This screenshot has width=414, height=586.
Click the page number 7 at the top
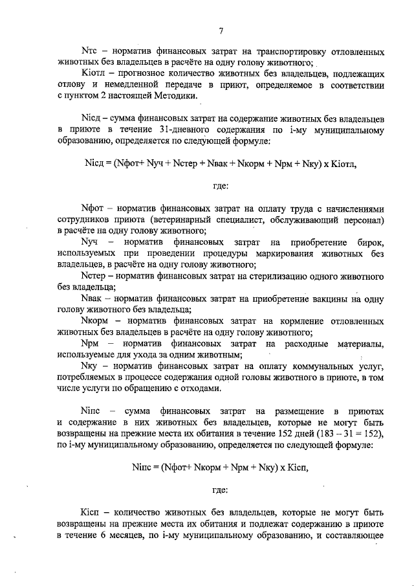tap(221, 30)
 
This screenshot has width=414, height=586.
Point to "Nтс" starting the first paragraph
tap(88, 51)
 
